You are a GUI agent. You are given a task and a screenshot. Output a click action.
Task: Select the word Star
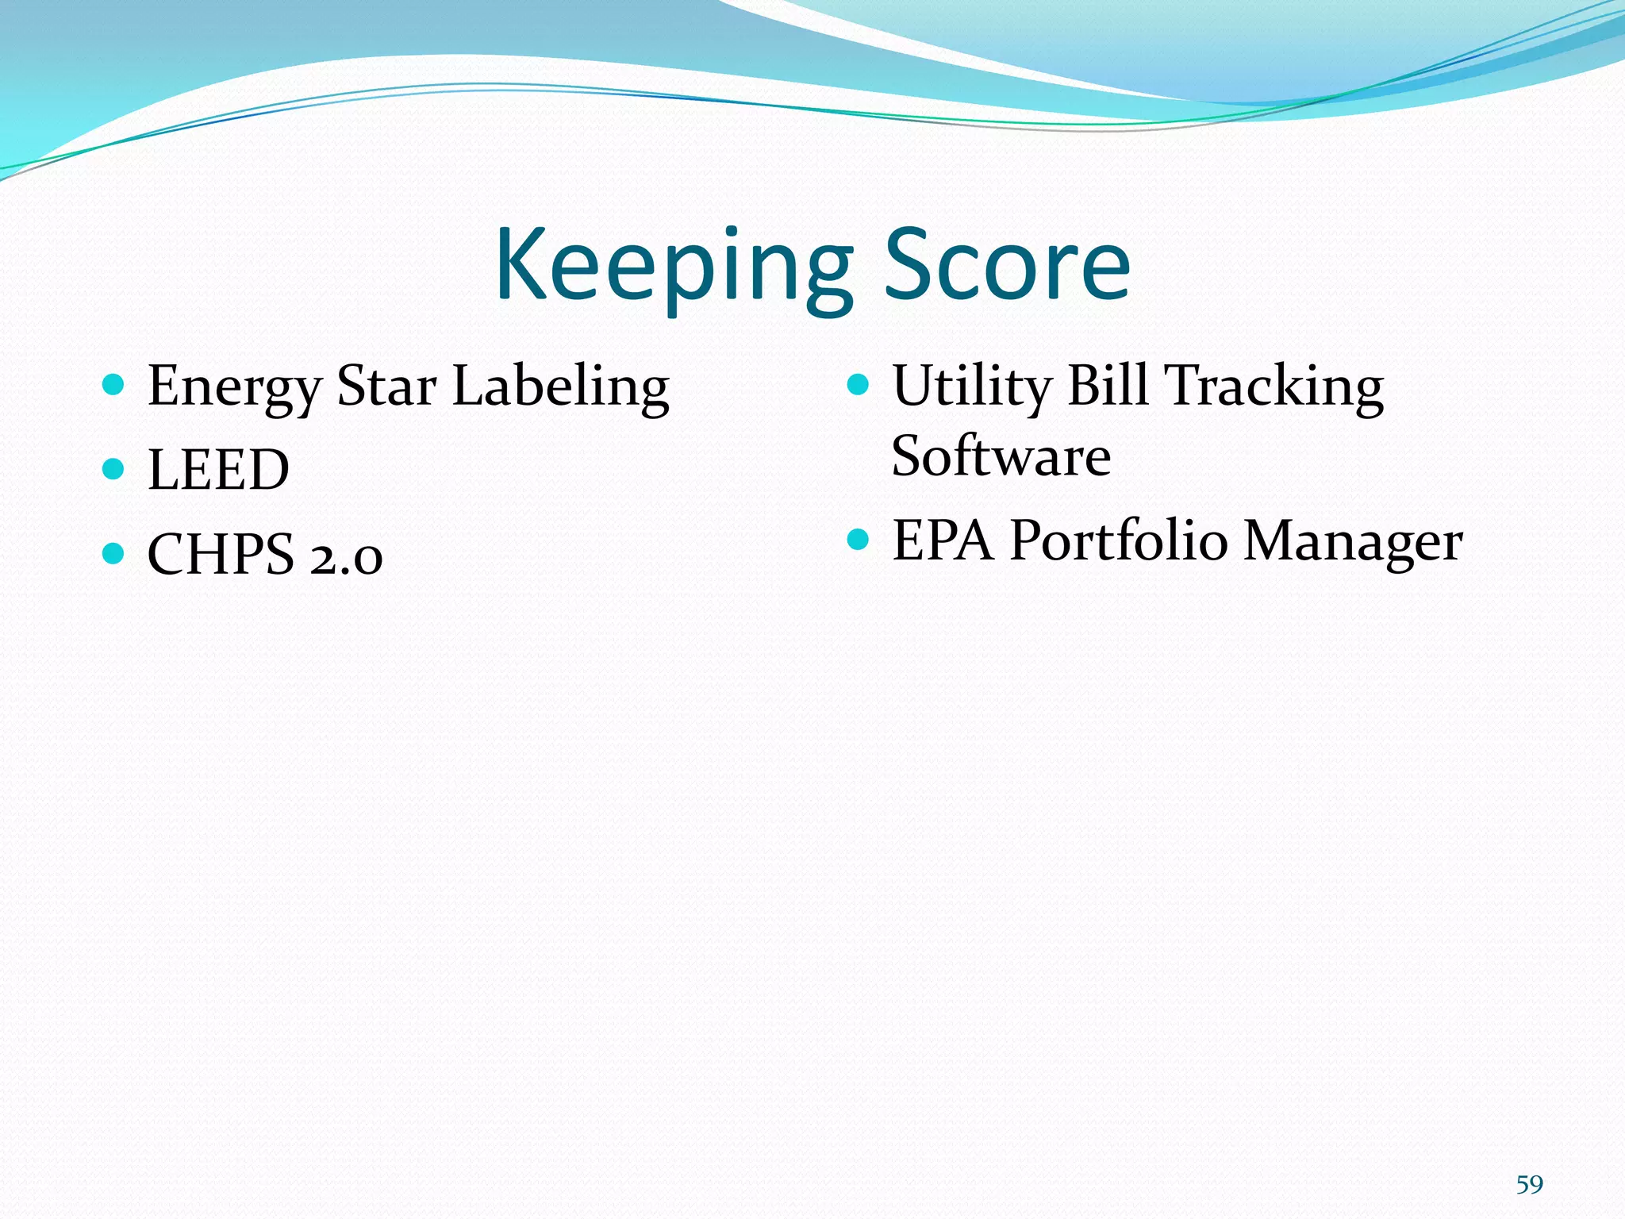coord(386,386)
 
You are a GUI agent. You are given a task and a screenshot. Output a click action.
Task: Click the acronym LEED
coord(218,470)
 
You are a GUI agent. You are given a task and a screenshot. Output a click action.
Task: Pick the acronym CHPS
coord(221,554)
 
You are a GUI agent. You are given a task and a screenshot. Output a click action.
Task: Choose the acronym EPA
coord(943,541)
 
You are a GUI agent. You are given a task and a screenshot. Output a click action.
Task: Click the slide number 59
coord(1529,1184)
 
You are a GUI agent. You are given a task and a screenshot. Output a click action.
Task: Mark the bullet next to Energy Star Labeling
coord(113,386)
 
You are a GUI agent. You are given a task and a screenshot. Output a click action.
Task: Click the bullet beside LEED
coord(113,469)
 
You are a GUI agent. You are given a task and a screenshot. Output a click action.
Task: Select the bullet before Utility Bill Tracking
coord(858,386)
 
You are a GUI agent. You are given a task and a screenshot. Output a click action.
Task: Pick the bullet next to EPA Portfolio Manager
coord(858,540)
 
